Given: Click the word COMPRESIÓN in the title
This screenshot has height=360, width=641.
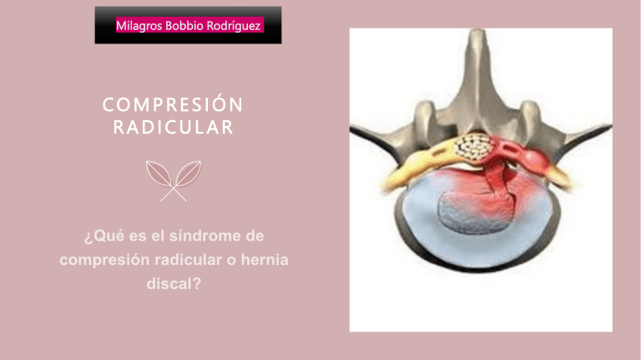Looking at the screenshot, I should (174, 106).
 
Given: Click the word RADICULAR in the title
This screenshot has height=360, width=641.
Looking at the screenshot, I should (174, 129).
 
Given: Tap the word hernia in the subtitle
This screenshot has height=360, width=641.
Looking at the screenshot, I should (262, 260).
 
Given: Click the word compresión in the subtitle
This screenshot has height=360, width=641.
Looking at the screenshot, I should (102, 260).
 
